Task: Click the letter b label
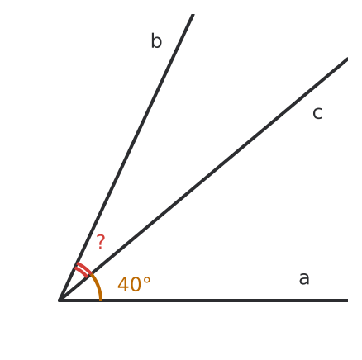tap(156, 41)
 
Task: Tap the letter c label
tap(317, 113)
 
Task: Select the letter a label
tap(304, 278)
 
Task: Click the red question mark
tap(101, 242)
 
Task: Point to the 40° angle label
tap(134, 284)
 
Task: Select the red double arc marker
tap(83, 270)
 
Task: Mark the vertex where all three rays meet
tap(60, 300)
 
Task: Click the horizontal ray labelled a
tap(203, 301)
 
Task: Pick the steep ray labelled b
tap(126, 157)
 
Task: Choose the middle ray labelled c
tap(203, 179)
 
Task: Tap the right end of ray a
tap(348, 301)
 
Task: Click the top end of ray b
tap(193, 14)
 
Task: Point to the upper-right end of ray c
tap(347, 59)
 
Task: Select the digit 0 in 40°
tap(136, 284)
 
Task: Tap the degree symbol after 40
tap(147, 281)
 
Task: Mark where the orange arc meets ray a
tap(101, 300)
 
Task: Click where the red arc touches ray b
tap(77, 265)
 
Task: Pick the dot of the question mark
tap(100, 248)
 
